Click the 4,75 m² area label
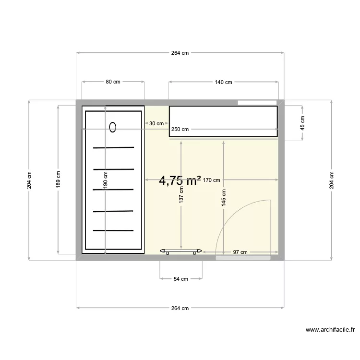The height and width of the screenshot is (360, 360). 180,180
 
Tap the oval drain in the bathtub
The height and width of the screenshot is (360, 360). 113,127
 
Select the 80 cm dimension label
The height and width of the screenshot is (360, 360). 113,82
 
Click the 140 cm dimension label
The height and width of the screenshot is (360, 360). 223,82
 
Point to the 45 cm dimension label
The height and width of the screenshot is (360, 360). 302,123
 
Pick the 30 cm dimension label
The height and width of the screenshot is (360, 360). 156,123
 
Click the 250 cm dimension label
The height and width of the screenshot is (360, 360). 180,129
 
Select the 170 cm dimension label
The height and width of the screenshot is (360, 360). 211,180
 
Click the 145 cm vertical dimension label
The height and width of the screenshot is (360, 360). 224,197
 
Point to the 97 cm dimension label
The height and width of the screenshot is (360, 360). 240,252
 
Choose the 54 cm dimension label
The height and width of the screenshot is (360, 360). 180,278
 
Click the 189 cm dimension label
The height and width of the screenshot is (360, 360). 58,180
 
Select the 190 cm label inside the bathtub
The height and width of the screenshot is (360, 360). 105,180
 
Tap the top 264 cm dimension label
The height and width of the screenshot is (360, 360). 180,53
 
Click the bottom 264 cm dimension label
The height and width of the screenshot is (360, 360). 180,308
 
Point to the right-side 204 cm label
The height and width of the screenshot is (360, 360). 331,180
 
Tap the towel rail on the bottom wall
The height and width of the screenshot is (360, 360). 181,251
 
